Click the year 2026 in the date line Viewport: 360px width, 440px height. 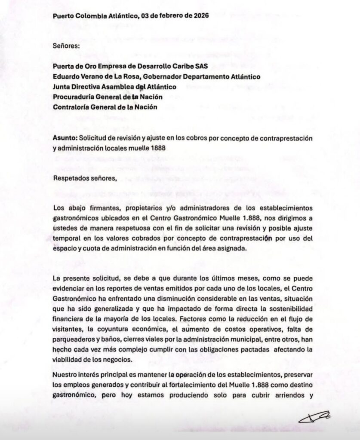(200, 16)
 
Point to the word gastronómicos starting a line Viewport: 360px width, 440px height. (75, 217)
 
